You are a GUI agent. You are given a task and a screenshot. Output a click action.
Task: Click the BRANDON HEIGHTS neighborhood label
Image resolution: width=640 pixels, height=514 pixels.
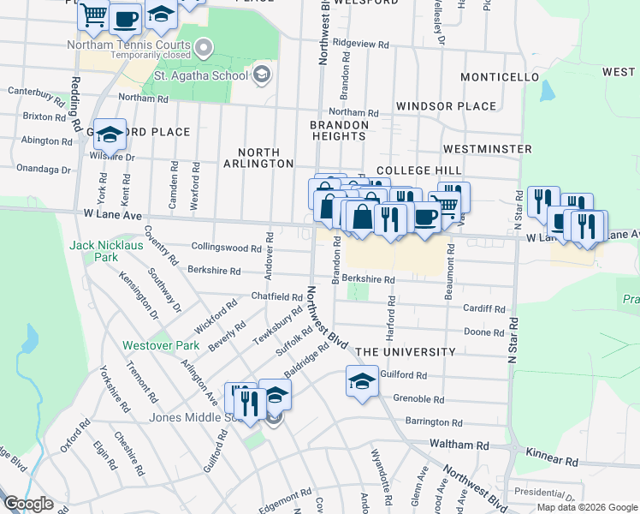coord(339,131)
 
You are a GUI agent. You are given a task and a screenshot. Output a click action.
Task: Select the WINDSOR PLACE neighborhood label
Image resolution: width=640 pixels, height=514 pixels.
coord(446,106)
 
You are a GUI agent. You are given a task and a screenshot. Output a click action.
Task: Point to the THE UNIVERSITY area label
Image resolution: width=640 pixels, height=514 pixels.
coord(405,352)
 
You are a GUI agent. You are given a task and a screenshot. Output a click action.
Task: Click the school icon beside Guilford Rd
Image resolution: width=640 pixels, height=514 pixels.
coord(362,380)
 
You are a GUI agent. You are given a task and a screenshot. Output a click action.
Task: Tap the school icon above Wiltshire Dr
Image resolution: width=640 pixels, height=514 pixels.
coord(110,134)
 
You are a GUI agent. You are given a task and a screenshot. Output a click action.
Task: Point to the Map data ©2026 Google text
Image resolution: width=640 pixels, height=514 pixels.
coord(586,507)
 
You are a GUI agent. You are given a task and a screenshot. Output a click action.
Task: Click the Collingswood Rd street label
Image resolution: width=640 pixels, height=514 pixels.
coord(226,248)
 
